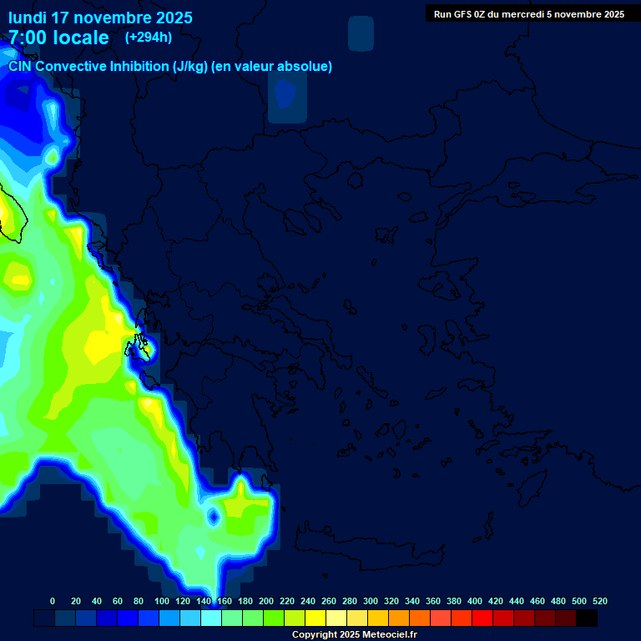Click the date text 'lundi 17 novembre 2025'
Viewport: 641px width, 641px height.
pos(100,18)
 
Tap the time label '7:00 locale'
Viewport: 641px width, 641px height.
pos(58,38)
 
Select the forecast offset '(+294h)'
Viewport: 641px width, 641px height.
pos(149,38)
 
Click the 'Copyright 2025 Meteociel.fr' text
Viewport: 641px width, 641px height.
pos(354,635)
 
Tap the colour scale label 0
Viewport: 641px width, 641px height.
pos(53,601)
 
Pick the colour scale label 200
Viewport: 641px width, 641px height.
pos(266,601)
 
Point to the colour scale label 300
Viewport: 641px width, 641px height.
pos(371,601)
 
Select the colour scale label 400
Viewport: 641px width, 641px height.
pos(475,601)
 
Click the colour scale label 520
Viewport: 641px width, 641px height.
pos(600,601)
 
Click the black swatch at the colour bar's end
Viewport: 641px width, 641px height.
pos(587,618)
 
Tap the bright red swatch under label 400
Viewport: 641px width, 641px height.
pos(482,618)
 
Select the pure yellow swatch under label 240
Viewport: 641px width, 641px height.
pos(315,618)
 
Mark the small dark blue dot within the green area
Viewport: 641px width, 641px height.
pos(212,517)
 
